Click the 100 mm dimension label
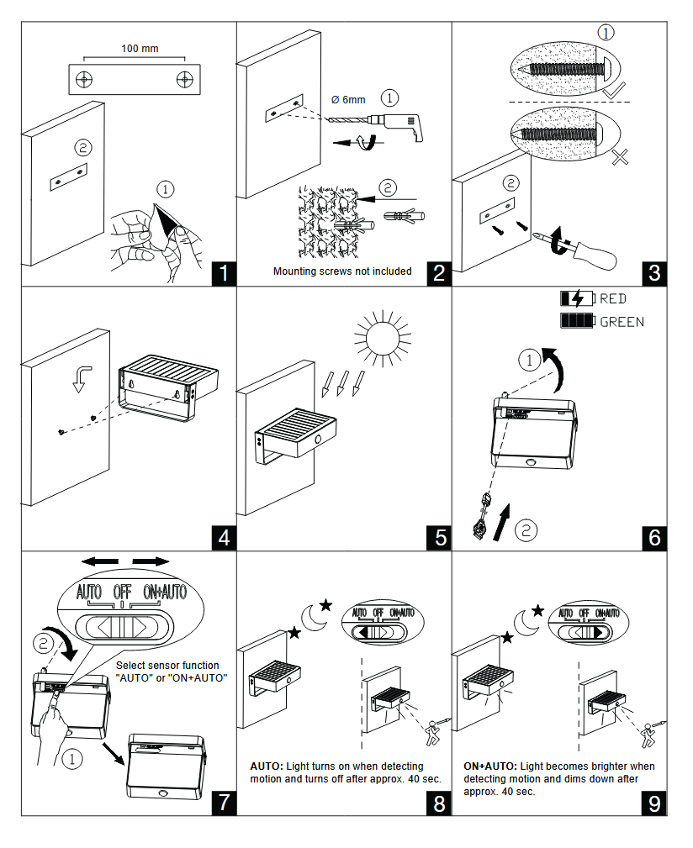pyautogui.click(x=140, y=49)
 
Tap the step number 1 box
pyautogui.click(x=222, y=273)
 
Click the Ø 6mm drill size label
pyautogui.click(x=348, y=100)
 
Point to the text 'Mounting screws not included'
pyautogui.click(x=342, y=271)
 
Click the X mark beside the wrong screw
pyautogui.click(x=621, y=155)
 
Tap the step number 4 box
pyautogui.click(x=222, y=537)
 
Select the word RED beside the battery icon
pyautogui.click(x=612, y=298)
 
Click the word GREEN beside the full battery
pyautogui.click(x=622, y=321)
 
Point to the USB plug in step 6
pyautogui.click(x=482, y=522)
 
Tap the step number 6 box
pyautogui.click(x=654, y=537)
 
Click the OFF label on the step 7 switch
pyautogui.click(x=122, y=591)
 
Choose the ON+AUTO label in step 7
pyautogui.click(x=165, y=591)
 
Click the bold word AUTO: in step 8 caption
pyautogui.click(x=267, y=766)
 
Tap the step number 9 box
pyautogui.click(x=654, y=802)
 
